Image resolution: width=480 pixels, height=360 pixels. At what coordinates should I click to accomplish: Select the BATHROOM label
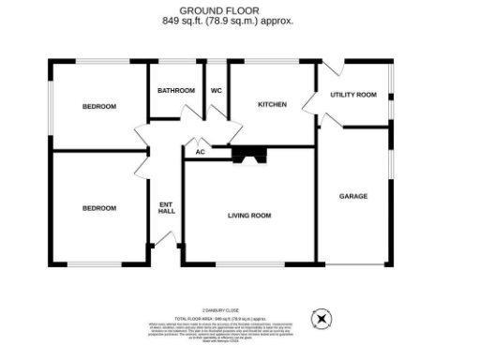(175, 91)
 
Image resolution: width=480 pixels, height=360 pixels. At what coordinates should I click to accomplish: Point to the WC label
(216, 91)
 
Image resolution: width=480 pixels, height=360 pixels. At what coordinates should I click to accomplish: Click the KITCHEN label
(272, 104)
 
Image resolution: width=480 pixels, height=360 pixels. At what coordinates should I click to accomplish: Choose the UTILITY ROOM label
(352, 95)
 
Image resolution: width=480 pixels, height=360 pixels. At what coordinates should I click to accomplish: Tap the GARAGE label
(353, 196)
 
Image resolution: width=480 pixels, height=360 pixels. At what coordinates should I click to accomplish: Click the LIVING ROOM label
(248, 216)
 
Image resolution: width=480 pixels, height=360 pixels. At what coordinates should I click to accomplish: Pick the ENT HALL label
(167, 207)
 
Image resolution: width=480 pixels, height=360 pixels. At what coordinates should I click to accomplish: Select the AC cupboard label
(200, 152)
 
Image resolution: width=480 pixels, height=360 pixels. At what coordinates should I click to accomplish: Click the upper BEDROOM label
(99, 107)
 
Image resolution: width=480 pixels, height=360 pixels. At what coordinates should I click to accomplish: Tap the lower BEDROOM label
(99, 208)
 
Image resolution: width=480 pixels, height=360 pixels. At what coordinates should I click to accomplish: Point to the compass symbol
(322, 320)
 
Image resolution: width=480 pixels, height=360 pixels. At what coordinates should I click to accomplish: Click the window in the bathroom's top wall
(175, 61)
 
